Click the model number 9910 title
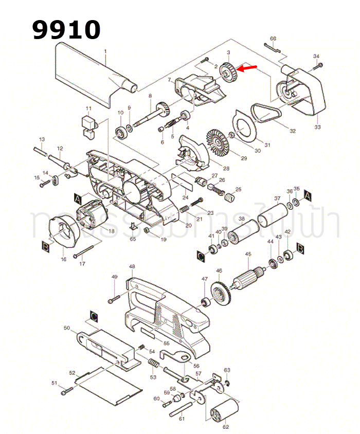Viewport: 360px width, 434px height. pos(66,30)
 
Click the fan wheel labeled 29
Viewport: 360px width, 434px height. pos(218,139)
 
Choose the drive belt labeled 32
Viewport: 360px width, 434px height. pos(266,114)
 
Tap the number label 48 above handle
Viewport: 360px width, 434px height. pos(132,266)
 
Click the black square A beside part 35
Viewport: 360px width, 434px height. pos(308,195)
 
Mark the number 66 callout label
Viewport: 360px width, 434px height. pos(273,39)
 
